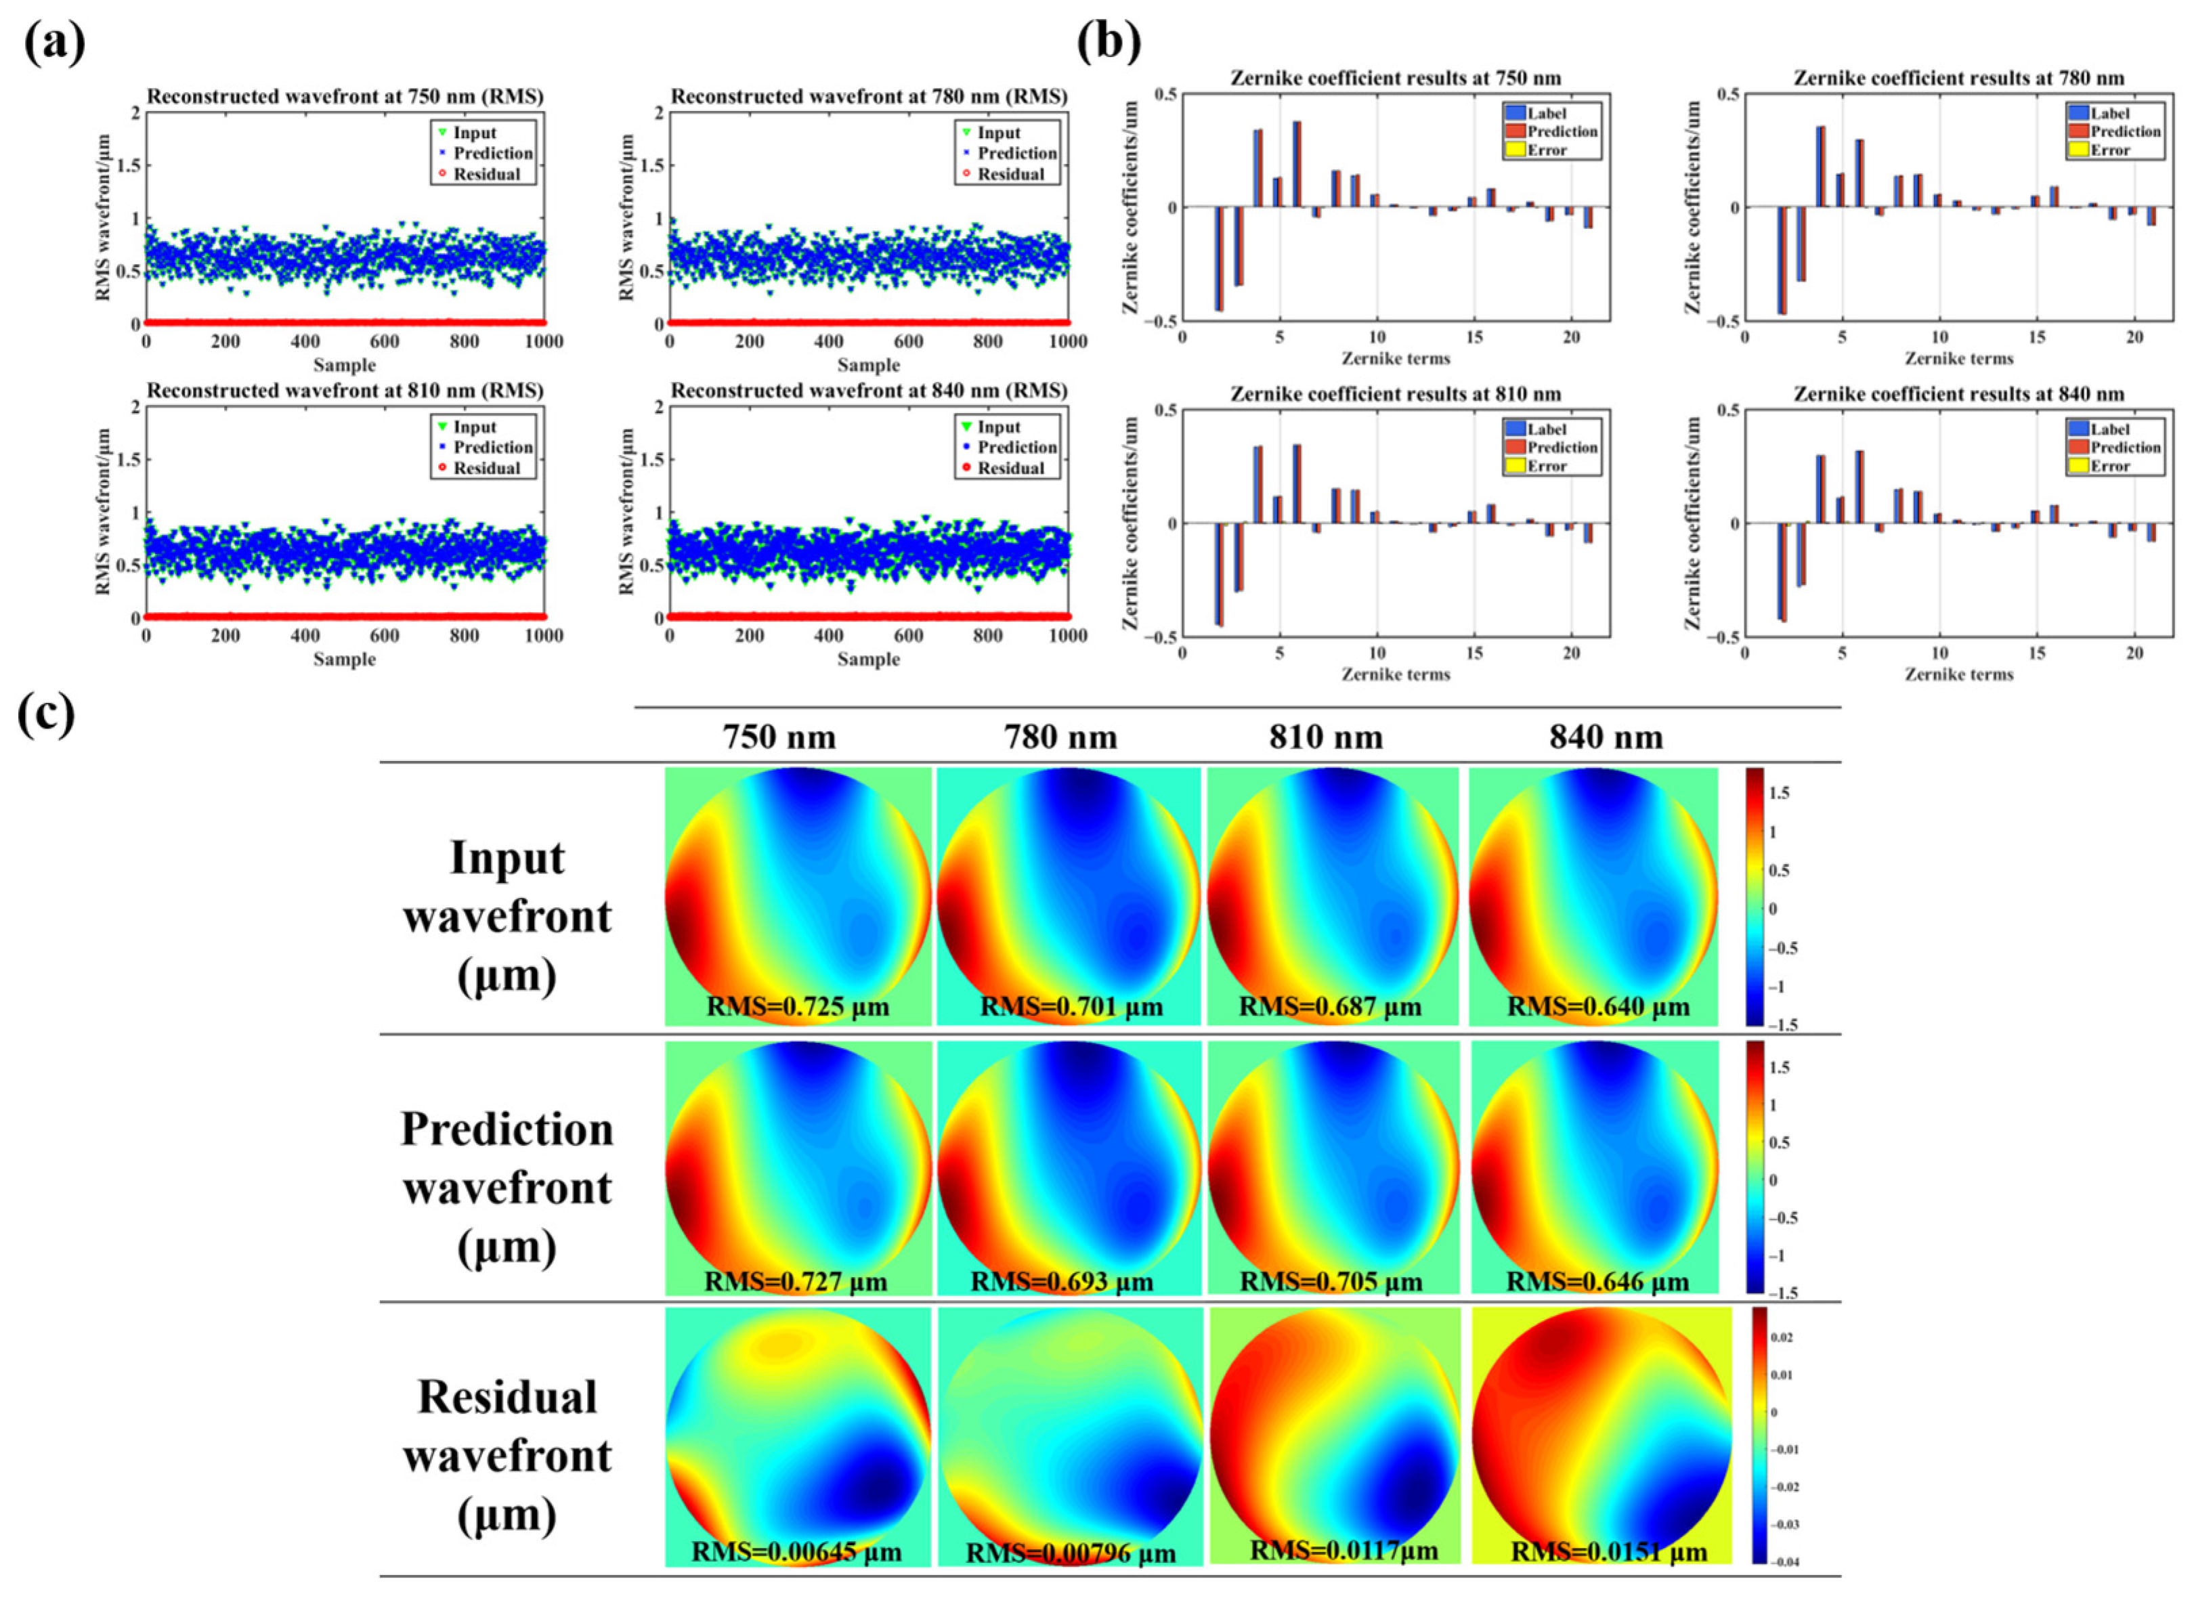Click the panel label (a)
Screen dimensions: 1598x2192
click(x=54, y=43)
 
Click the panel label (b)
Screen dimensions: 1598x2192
click(x=1109, y=43)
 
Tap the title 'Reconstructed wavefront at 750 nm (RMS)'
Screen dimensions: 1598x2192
click(x=345, y=97)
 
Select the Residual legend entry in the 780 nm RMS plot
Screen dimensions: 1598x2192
click(x=1010, y=174)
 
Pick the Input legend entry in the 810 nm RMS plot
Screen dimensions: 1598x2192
click(x=474, y=427)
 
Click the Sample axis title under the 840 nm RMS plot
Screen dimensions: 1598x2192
click(x=867, y=659)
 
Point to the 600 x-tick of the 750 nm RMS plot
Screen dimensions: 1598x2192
click(x=384, y=341)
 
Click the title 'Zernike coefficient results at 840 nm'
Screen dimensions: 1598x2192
click(x=1959, y=393)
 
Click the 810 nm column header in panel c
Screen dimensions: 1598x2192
click(x=1325, y=737)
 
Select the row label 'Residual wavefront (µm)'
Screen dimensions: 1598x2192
click(x=507, y=1455)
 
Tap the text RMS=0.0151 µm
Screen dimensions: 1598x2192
click(x=1609, y=1551)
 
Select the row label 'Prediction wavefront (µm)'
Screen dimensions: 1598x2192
click(x=507, y=1187)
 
